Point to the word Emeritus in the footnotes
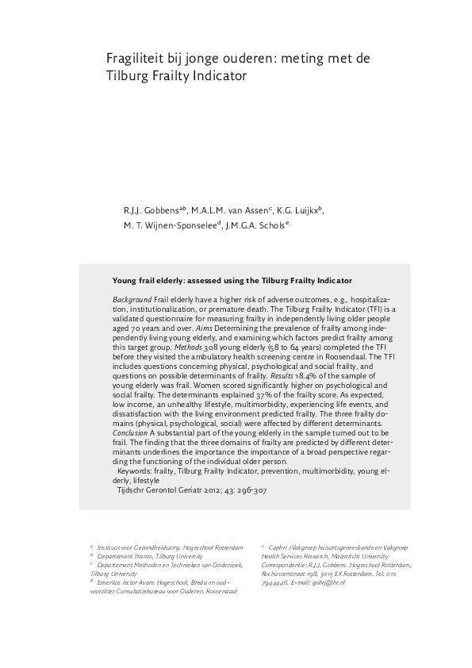[110, 582]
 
